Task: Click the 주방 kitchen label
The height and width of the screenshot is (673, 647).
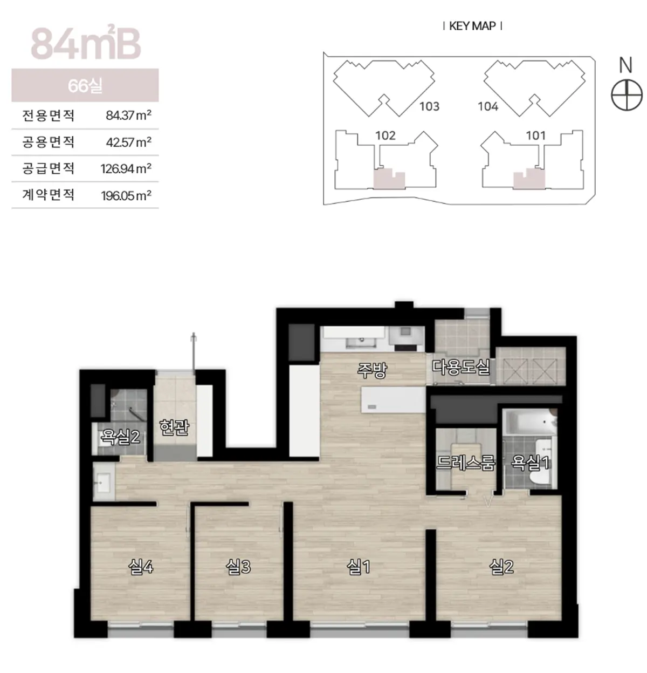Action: pyautogui.click(x=372, y=370)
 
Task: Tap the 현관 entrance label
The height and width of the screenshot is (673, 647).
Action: pyautogui.click(x=174, y=427)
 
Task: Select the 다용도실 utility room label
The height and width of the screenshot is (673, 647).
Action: pyautogui.click(x=460, y=367)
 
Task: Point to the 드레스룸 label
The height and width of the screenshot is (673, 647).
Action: pyautogui.click(x=465, y=462)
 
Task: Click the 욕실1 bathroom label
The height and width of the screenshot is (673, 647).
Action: pyautogui.click(x=530, y=463)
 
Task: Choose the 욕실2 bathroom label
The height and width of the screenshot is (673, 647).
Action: pyautogui.click(x=120, y=437)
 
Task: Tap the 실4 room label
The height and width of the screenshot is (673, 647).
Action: pyautogui.click(x=141, y=568)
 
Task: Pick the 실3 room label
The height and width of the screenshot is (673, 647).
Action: pyautogui.click(x=238, y=568)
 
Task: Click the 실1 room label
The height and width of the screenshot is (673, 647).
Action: pyautogui.click(x=358, y=568)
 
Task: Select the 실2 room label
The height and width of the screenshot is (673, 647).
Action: pyautogui.click(x=501, y=568)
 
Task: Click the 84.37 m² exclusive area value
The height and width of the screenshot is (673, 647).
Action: pyautogui.click(x=128, y=115)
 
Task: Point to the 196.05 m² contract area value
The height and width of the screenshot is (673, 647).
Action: pyautogui.click(x=126, y=196)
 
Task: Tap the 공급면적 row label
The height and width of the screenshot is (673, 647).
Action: pyautogui.click(x=48, y=168)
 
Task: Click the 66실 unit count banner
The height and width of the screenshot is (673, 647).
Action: pyautogui.click(x=85, y=85)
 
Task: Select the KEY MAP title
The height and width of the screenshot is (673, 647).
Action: pyautogui.click(x=472, y=26)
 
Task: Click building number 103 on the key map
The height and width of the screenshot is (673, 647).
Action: pyautogui.click(x=429, y=106)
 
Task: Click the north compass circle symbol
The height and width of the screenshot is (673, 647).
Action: pyautogui.click(x=627, y=95)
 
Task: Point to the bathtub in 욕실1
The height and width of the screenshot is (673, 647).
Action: pyautogui.click(x=529, y=423)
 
